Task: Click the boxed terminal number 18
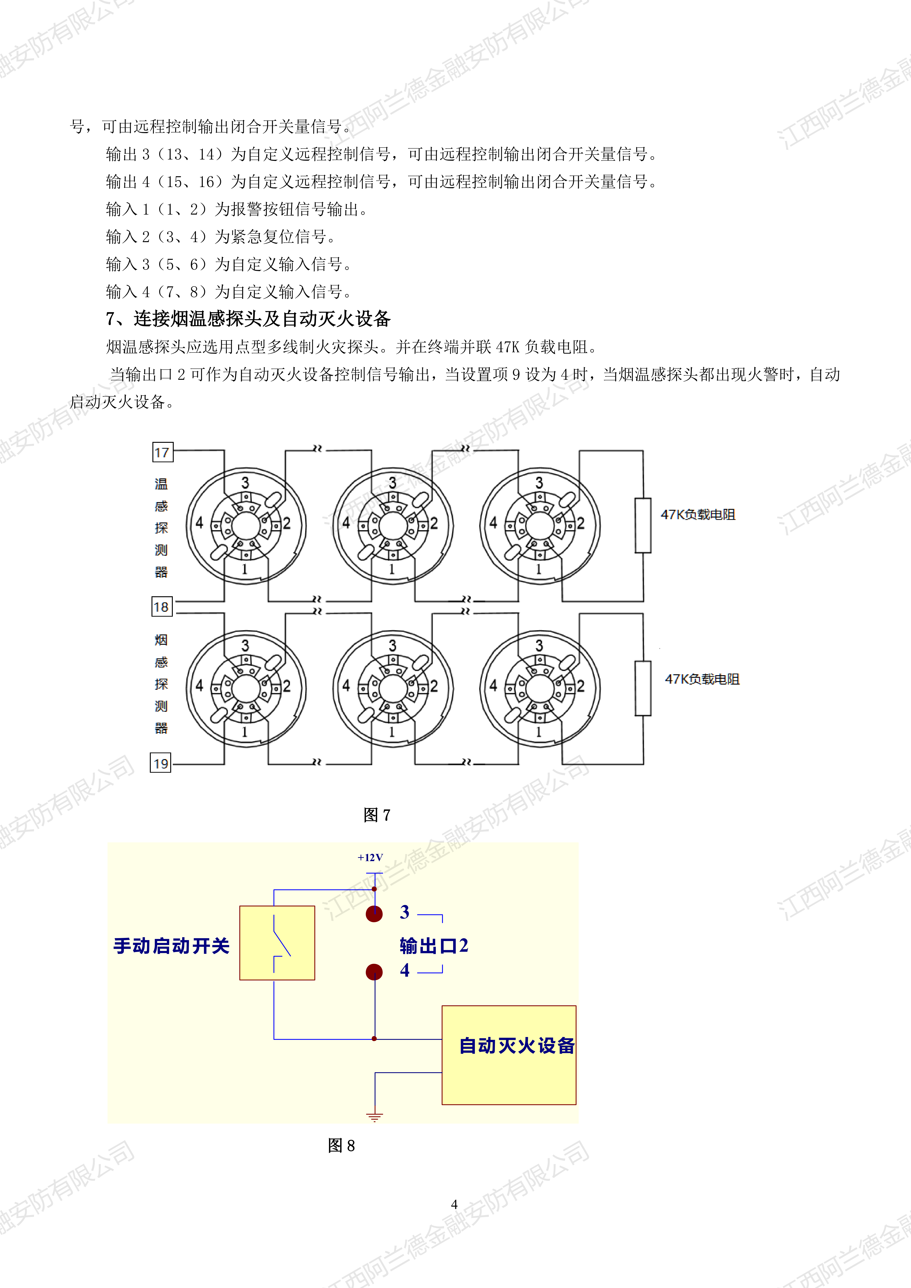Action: click(x=162, y=607)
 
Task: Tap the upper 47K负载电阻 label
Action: click(x=698, y=514)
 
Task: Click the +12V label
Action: click(x=370, y=858)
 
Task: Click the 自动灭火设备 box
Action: click(x=509, y=1055)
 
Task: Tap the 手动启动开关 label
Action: click(x=172, y=946)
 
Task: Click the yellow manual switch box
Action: click(x=277, y=943)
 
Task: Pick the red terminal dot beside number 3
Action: click(x=374, y=914)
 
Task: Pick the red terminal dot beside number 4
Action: click(x=374, y=972)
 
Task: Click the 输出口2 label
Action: click(x=434, y=946)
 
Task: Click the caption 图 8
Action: click(x=341, y=1146)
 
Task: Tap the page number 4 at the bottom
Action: click(x=454, y=1204)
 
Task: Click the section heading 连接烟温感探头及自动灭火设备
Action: click(x=262, y=319)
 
